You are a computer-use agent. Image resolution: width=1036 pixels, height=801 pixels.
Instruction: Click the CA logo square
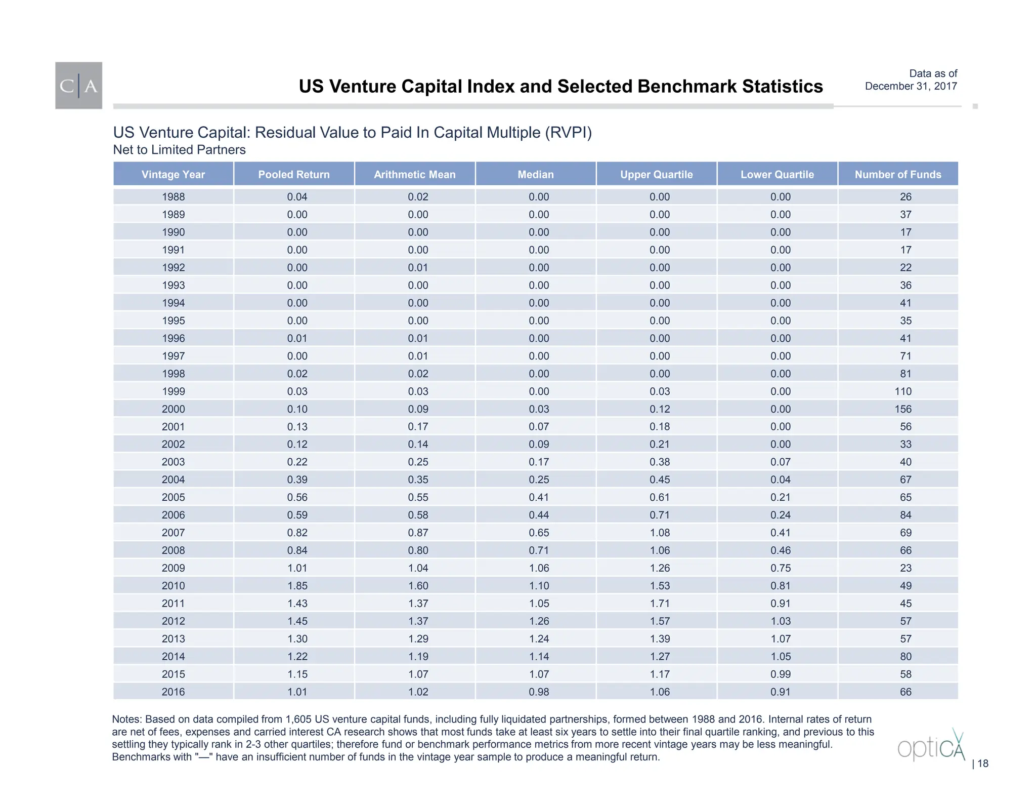(78, 86)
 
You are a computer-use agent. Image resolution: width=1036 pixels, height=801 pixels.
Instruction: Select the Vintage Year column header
(173, 175)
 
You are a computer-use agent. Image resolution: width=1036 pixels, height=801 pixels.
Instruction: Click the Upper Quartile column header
(656, 175)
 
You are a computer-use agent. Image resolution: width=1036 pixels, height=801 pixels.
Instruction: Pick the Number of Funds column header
(897, 175)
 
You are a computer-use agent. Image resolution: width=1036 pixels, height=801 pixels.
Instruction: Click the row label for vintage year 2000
(173, 409)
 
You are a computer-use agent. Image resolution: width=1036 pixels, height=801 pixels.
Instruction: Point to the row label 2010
(173, 586)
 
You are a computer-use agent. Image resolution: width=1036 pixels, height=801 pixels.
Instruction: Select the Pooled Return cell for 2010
(297, 586)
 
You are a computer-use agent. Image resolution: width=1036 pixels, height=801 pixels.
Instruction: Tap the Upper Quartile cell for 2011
(659, 604)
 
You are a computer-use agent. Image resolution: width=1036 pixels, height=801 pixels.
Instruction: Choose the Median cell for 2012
(539, 621)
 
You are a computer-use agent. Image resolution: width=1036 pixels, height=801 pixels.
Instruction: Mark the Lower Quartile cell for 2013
(780, 639)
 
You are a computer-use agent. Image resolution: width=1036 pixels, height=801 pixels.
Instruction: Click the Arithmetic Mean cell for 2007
(418, 533)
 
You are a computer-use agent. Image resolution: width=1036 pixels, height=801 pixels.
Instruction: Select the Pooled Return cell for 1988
(297, 197)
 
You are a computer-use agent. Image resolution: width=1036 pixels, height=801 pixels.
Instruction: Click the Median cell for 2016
(539, 692)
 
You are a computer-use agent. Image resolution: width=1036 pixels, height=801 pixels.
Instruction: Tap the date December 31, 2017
(911, 86)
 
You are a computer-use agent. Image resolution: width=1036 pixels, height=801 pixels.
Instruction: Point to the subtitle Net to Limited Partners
(179, 150)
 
